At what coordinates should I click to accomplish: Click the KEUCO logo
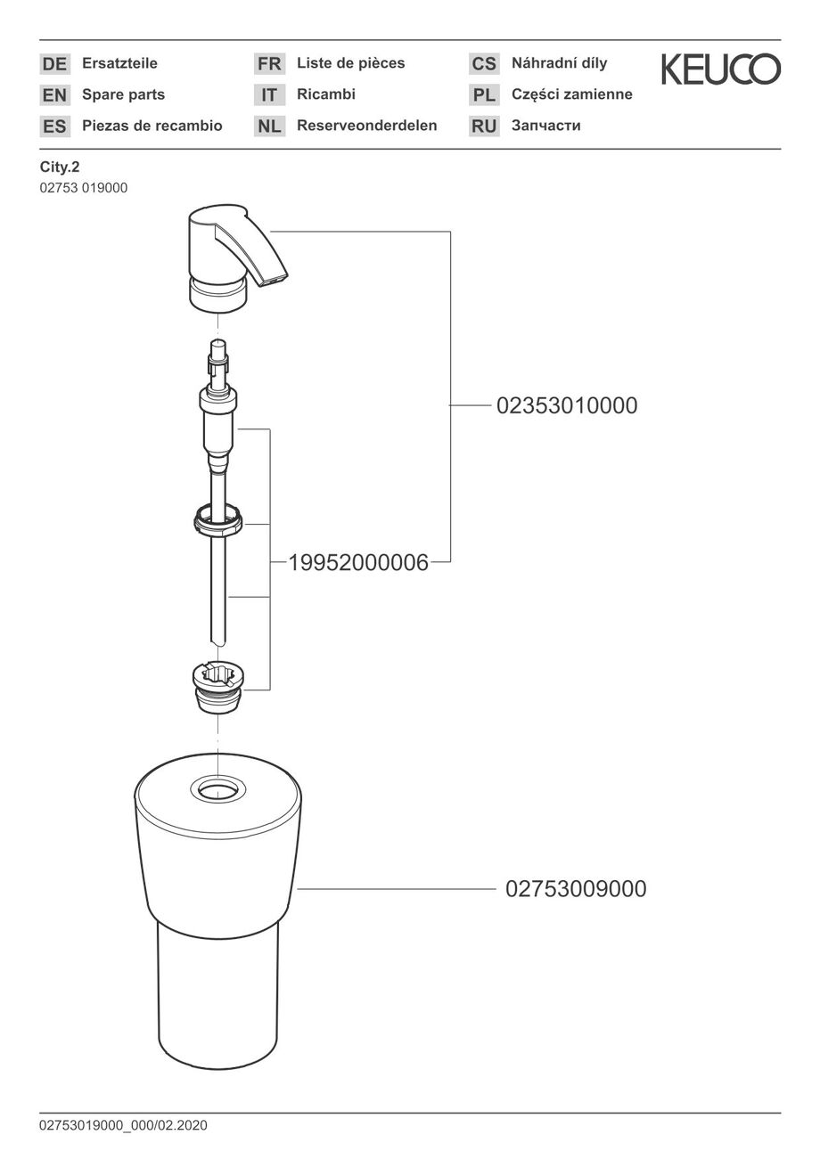720,69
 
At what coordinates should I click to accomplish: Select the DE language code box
55,63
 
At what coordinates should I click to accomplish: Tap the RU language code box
484,126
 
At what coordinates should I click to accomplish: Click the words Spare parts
123,94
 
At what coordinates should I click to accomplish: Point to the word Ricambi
326,94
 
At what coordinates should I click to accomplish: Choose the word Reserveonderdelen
367,126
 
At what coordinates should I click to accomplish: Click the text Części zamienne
572,94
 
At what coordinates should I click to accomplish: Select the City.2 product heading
60,167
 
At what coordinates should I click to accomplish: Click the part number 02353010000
567,405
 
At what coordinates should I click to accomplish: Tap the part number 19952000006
358,562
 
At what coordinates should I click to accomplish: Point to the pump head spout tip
273,281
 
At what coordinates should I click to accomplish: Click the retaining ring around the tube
218,522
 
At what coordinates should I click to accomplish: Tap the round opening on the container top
218,789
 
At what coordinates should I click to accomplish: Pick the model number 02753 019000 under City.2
84,188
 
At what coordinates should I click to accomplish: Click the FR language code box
269,63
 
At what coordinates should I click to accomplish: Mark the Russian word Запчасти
546,126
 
